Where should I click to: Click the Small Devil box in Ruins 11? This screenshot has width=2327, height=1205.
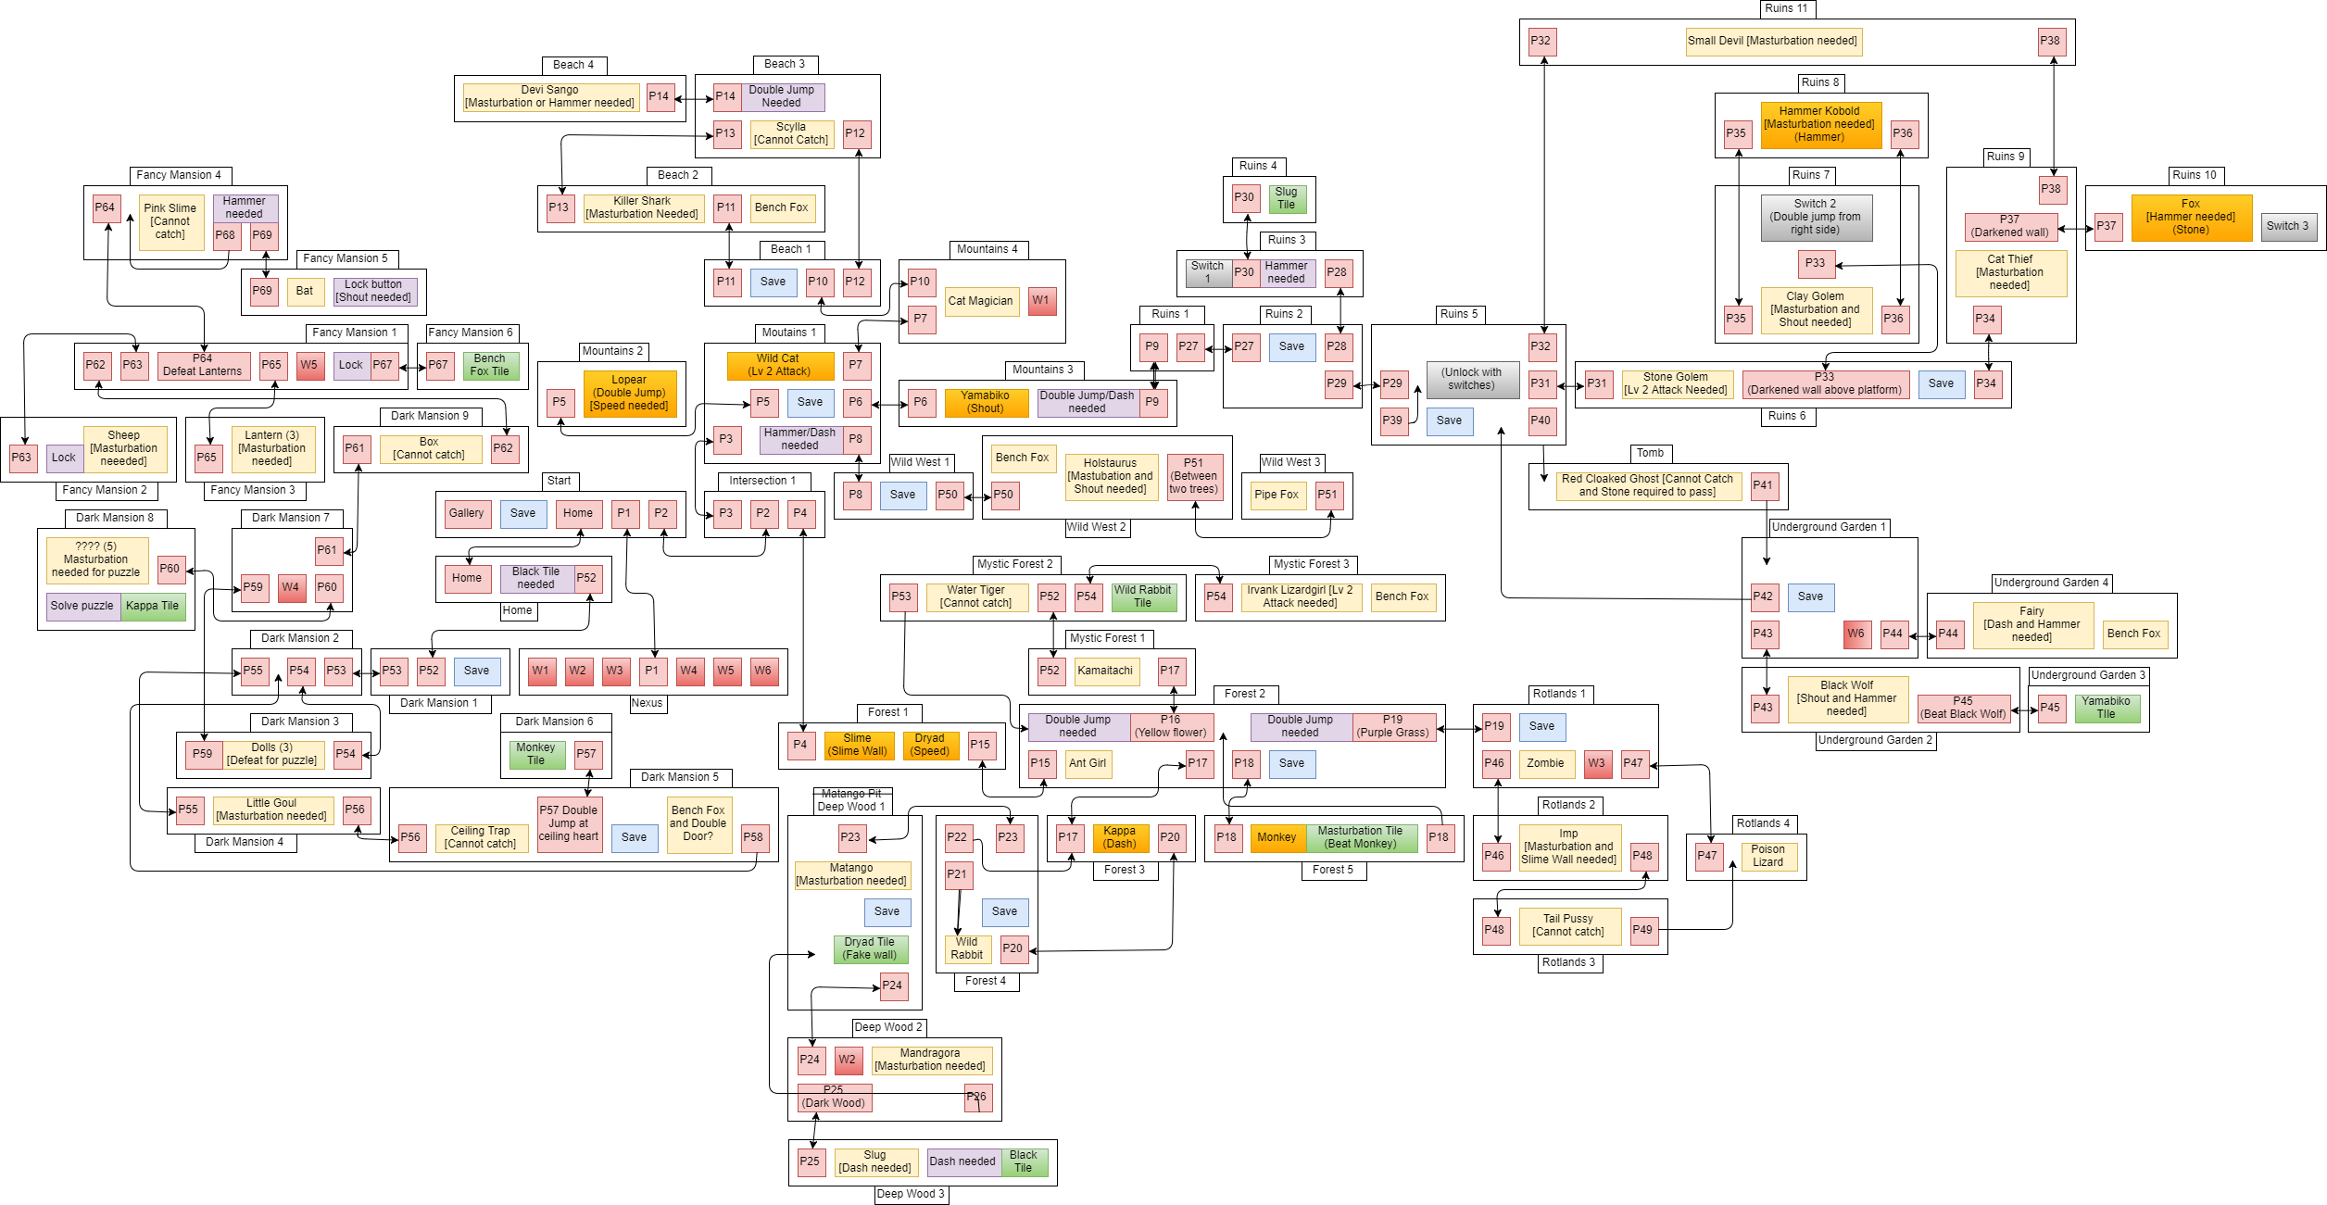[x=1773, y=42]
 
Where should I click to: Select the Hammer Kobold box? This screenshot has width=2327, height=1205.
[x=1820, y=125]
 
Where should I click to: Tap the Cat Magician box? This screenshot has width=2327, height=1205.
[x=981, y=301]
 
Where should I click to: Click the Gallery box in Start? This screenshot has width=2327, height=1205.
[x=468, y=514]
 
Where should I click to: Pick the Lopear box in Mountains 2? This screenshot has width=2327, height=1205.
[x=630, y=394]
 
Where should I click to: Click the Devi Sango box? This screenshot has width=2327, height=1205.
[x=550, y=97]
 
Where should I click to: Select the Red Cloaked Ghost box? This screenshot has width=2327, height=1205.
[x=1648, y=486]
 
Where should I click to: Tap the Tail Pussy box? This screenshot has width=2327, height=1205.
[x=1569, y=926]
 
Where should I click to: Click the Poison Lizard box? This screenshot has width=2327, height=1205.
[x=1768, y=857]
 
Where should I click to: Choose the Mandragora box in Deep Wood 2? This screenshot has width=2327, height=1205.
[x=931, y=1061]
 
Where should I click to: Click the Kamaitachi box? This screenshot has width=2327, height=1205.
[x=1106, y=672]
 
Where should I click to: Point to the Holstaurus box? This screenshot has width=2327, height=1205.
[x=1111, y=477]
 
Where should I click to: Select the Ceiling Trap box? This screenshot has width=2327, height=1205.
[x=481, y=838]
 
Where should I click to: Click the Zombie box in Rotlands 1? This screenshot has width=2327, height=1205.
[x=1546, y=764]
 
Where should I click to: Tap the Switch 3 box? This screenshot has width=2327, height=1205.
[x=2288, y=227]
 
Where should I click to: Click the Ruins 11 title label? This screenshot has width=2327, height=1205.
[x=1787, y=8]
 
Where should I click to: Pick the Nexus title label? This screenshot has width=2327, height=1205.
[x=648, y=704]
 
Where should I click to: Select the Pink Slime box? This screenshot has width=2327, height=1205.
[x=171, y=222]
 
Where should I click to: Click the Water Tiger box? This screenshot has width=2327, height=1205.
[x=976, y=597]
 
